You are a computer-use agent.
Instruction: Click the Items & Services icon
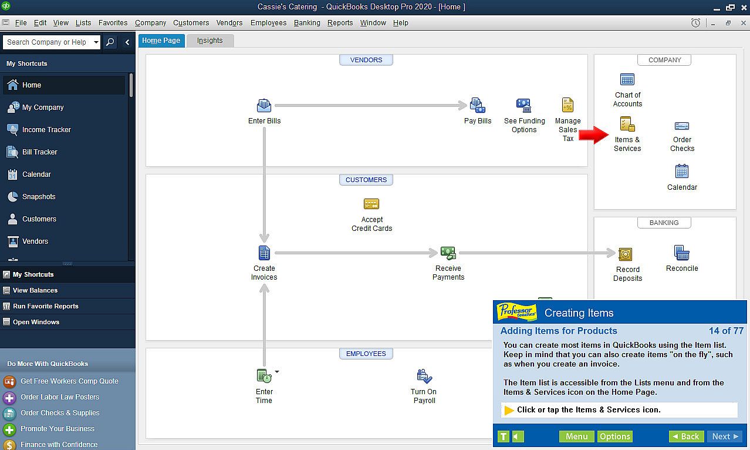click(627, 124)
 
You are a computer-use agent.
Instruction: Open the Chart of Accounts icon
click(627, 79)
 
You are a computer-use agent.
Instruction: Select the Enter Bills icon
click(264, 105)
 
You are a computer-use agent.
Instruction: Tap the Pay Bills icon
click(478, 105)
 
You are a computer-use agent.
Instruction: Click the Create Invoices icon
click(264, 253)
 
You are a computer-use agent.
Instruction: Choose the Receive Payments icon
click(448, 253)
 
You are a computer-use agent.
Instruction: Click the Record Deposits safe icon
click(625, 254)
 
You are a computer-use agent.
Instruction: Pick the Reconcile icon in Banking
click(682, 253)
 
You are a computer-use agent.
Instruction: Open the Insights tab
click(210, 41)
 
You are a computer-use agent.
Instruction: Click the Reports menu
click(340, 23)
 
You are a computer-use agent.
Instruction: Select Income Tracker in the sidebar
click(46, 130)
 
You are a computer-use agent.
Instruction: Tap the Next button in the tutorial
click(725, 436)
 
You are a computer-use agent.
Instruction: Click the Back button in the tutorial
click(686, 436)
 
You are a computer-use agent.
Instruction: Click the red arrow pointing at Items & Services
click(594, 135)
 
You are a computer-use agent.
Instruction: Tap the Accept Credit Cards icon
click(371, 204)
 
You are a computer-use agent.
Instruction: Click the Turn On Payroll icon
click(424, 376)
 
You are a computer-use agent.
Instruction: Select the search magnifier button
click(110, 42)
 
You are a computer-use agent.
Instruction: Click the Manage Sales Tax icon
click(567, 105)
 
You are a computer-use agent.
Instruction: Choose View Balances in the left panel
click(35, 291)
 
